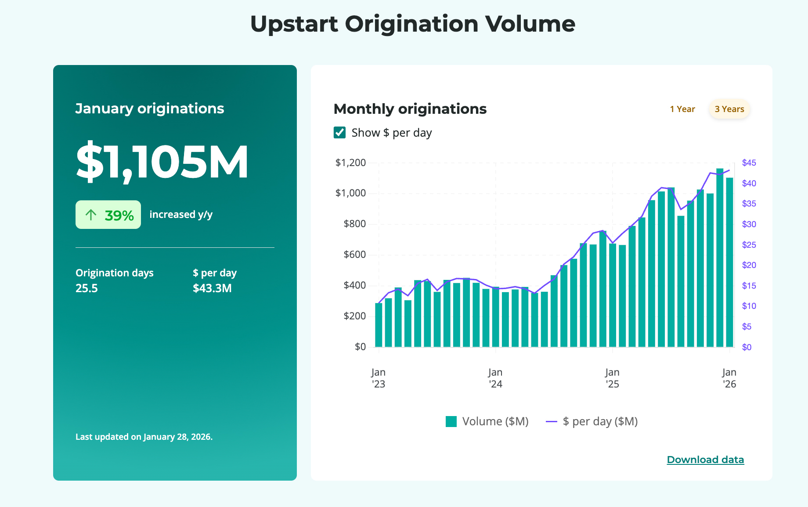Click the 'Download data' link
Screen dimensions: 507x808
pos(705,460)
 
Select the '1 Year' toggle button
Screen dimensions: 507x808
pos(682,109)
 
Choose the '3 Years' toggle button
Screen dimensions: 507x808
pos(729,109)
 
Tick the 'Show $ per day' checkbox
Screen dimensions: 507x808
pos(340,133)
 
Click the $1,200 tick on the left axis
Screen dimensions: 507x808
pos(350,163)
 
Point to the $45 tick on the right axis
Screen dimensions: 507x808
pos(749,163)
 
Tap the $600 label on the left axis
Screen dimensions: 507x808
pos(354,254)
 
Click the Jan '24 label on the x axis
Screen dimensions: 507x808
pos(495,378)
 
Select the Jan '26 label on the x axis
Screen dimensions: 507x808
pos(729,378)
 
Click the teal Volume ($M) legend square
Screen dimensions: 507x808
pos(451,421)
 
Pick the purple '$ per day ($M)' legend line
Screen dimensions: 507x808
pos(552,421)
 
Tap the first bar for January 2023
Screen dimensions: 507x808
pos(379,325)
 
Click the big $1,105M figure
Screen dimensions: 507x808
pos(162,162)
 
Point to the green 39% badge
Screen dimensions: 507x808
pos(108,215)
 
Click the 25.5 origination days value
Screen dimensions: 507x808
pos(87,288)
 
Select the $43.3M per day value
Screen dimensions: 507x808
pos(212,288)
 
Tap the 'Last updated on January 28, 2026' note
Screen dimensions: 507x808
pos(144,437)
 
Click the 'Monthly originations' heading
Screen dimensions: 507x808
pos(410,109)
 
